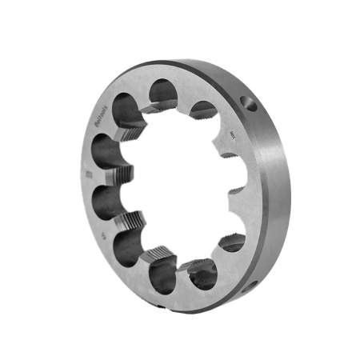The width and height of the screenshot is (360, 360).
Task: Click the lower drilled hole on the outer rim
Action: click(x=254, y=283)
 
